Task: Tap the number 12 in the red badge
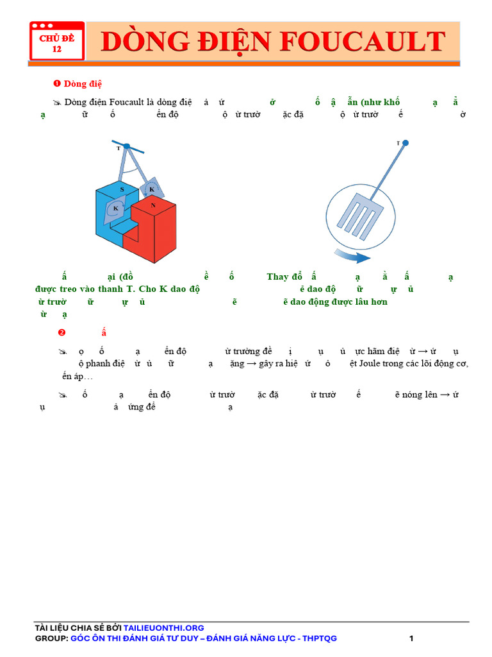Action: (57, 49)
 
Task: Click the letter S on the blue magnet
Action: (122, 191)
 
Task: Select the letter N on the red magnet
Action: (153, 205)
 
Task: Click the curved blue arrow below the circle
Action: (352, 257)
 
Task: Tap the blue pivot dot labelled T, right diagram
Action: (406, 143)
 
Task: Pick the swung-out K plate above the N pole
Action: (151, 189)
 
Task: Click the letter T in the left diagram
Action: (118, 148)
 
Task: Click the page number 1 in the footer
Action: (411, 638)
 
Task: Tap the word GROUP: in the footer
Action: (51, 638)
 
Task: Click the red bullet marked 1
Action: (56, 83)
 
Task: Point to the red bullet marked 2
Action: (61, 332)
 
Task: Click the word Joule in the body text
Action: (381, 363)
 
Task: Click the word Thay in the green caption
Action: (277, 277)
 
